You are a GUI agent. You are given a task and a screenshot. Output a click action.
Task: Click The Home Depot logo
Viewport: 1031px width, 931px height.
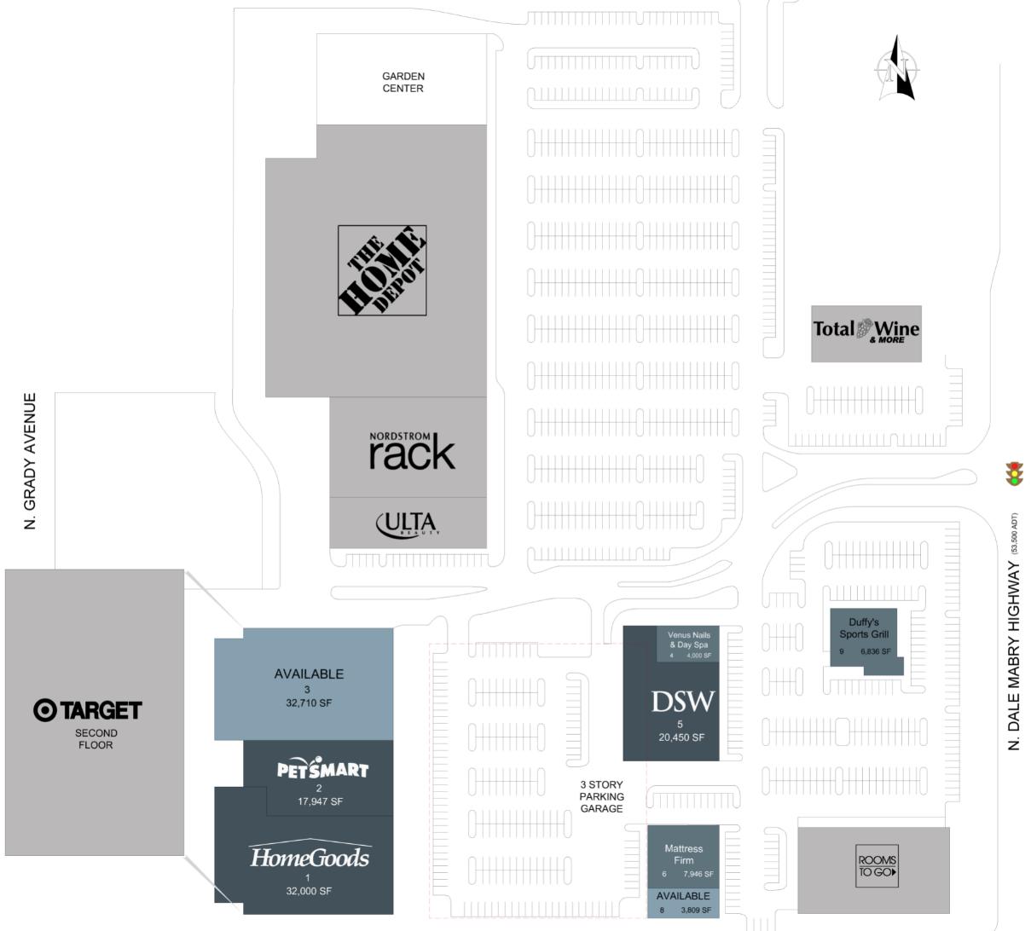382,270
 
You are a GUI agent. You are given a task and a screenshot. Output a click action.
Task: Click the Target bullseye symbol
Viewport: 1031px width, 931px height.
44,710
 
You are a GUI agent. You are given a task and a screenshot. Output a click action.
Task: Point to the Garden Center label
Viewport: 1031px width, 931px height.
403,82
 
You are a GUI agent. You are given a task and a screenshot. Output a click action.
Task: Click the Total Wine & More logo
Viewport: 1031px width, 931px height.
866,331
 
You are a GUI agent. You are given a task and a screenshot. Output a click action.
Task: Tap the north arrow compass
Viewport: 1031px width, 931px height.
897,68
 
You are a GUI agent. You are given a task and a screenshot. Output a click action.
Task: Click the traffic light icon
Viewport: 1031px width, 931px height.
1015,473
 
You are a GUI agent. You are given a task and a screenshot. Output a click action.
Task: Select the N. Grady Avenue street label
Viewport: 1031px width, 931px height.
31,460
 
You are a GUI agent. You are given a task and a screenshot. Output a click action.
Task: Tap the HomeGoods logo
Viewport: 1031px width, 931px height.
310,857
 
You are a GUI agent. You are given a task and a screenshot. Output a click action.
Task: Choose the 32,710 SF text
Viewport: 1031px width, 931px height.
308,703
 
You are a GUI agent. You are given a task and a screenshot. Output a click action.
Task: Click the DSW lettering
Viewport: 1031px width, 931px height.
682,702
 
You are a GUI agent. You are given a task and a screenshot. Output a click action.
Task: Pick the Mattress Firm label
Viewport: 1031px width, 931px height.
683,854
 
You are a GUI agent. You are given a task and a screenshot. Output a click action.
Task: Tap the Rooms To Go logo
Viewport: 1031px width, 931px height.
877,865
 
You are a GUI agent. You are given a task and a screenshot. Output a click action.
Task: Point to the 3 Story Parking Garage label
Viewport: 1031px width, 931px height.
602,796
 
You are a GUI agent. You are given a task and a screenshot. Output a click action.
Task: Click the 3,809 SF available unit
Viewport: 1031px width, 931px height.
683,903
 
